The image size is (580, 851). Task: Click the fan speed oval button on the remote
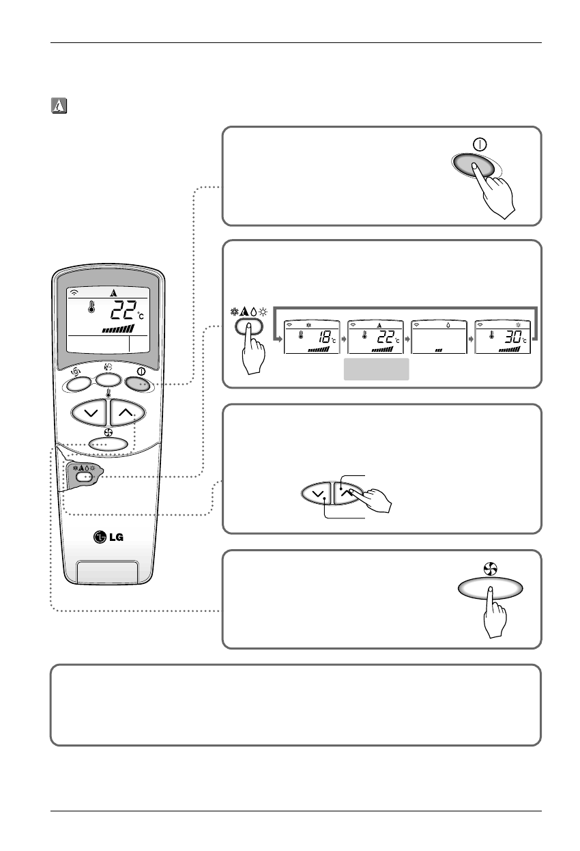click(108, 443)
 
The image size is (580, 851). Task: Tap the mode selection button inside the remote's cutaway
click(84, 477)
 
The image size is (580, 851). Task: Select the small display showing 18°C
click(310, 337)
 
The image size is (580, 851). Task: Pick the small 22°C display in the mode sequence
click(374, 337)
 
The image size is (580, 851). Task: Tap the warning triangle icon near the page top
click(57, 107)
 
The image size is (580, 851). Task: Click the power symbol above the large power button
click(480, 145)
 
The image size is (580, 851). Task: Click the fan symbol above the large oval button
click(490, 567)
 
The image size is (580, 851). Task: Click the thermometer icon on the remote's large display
click(89, 308)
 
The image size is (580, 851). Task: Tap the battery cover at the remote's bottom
click(108, 573)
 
